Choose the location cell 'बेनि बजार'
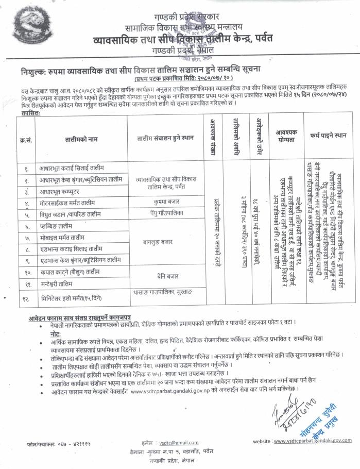(164, 277)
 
